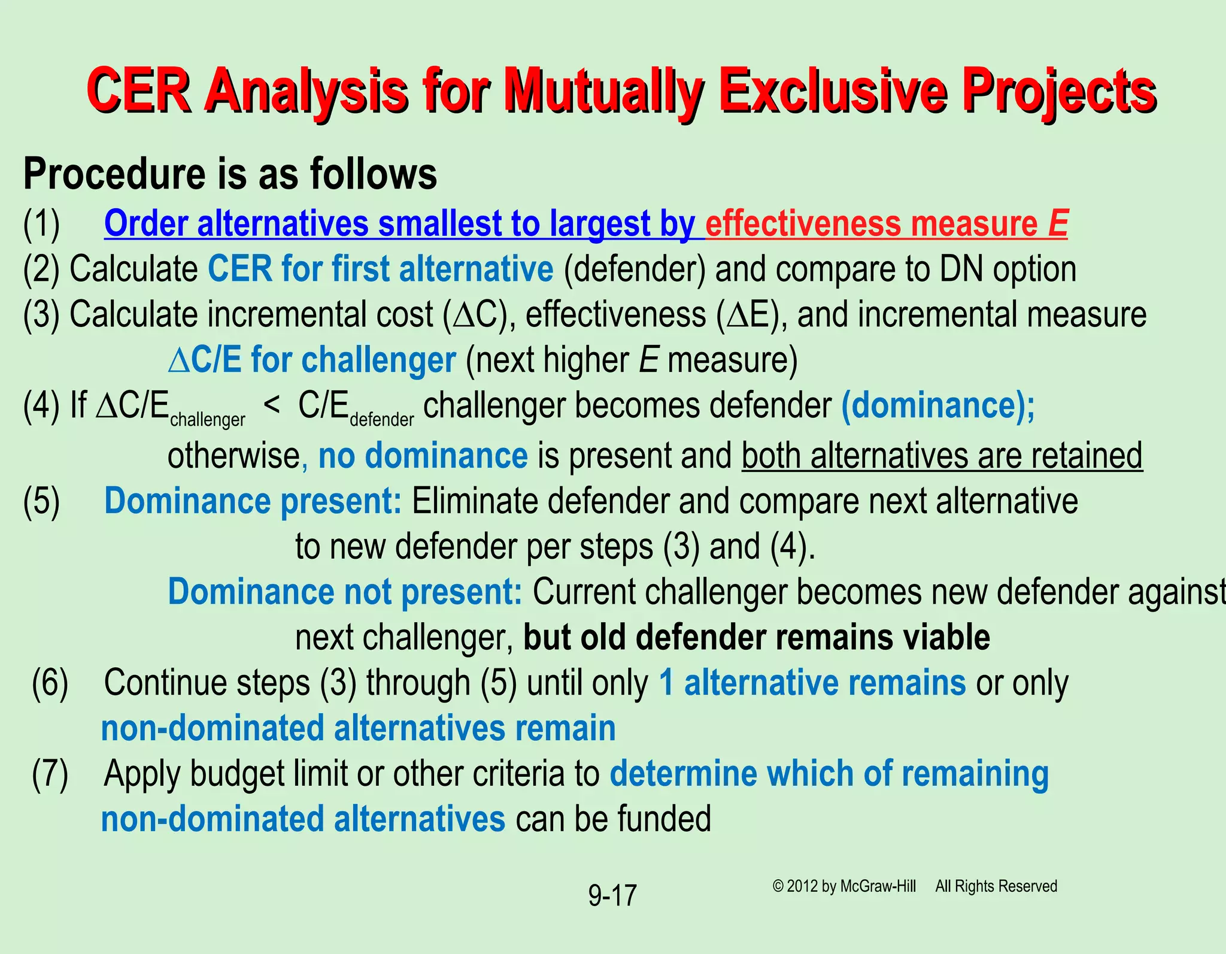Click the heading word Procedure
tap(115, 174)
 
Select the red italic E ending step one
tap(1058, 223)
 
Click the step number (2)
tap(41, 269)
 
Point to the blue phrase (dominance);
tap(937, 405)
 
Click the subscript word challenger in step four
tap(207, 420)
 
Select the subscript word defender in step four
tap(381, 420)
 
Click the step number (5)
tap(41, 501)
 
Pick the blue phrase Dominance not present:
tap(345, 592)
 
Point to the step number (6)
tap(50, 683)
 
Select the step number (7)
tap(50, 774)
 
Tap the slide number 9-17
tap(612, 896)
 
